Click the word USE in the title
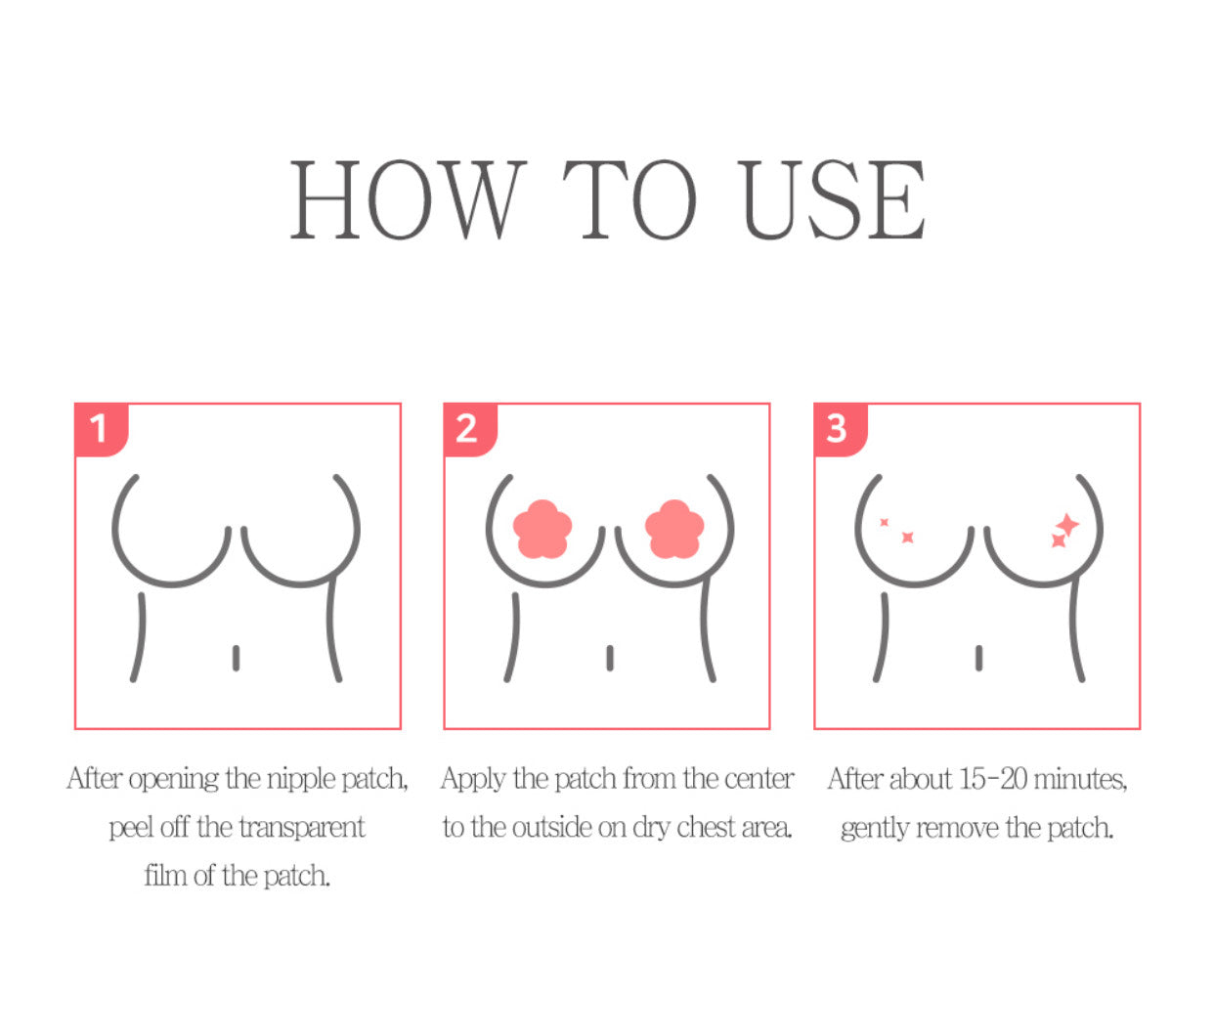pos(832,200)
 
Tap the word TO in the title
pos(629,200)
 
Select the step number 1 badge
pos(99,428)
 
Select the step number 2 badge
pos(467,428)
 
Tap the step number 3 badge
pos(837,428)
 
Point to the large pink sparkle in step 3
pos(1067,525)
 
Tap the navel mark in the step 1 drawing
pos(236,658)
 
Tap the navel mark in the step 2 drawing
pos(609,658)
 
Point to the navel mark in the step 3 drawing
pos(978,658)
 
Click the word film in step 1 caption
pos(165,875)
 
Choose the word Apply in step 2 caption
pos(473,780)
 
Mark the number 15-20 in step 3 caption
pos(992,779)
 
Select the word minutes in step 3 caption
pos(1080,780)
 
